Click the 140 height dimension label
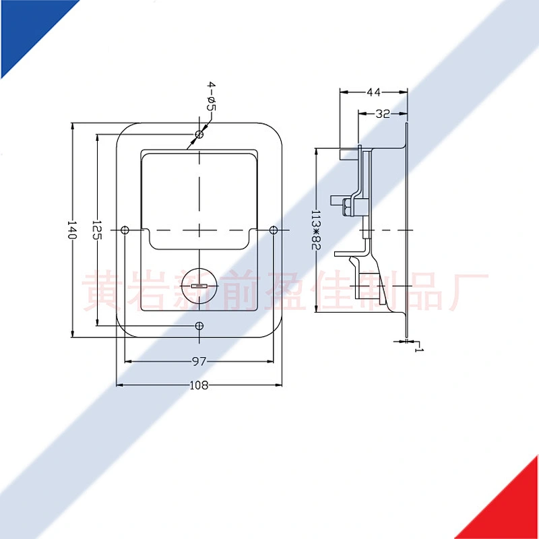click(x=71, y=230)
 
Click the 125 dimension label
click(x=96, y=230)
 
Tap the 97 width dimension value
click(x=199, y=362)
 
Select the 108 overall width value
click(x=199, y=385)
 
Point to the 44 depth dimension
click(x=374, y=92)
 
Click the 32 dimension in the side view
click(x=383, y=113)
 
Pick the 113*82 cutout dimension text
click(x=315, y=230)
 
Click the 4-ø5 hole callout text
click(x=211, y=96)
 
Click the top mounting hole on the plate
click(x=199, y=134)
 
